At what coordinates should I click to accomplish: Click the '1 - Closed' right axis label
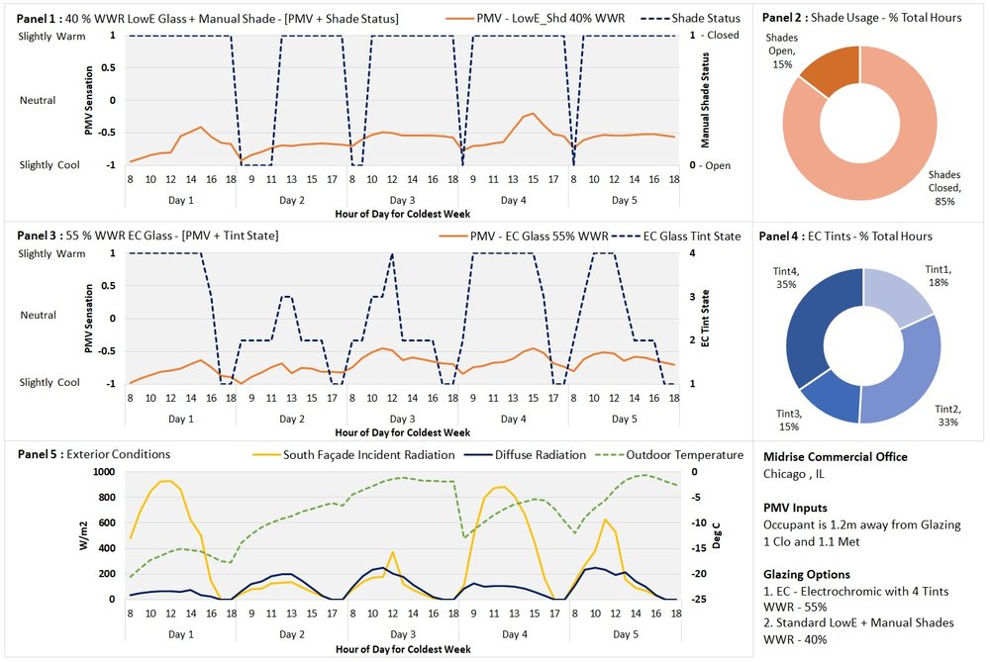pyautogui.click(x=718, y=36)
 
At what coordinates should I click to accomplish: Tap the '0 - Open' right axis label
pyautogui.click(x=713, y=165)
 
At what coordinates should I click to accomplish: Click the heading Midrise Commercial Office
pyautogui.click(x=834, y=456)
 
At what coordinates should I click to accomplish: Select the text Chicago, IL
pyautogui.click(x=795, y=474)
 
